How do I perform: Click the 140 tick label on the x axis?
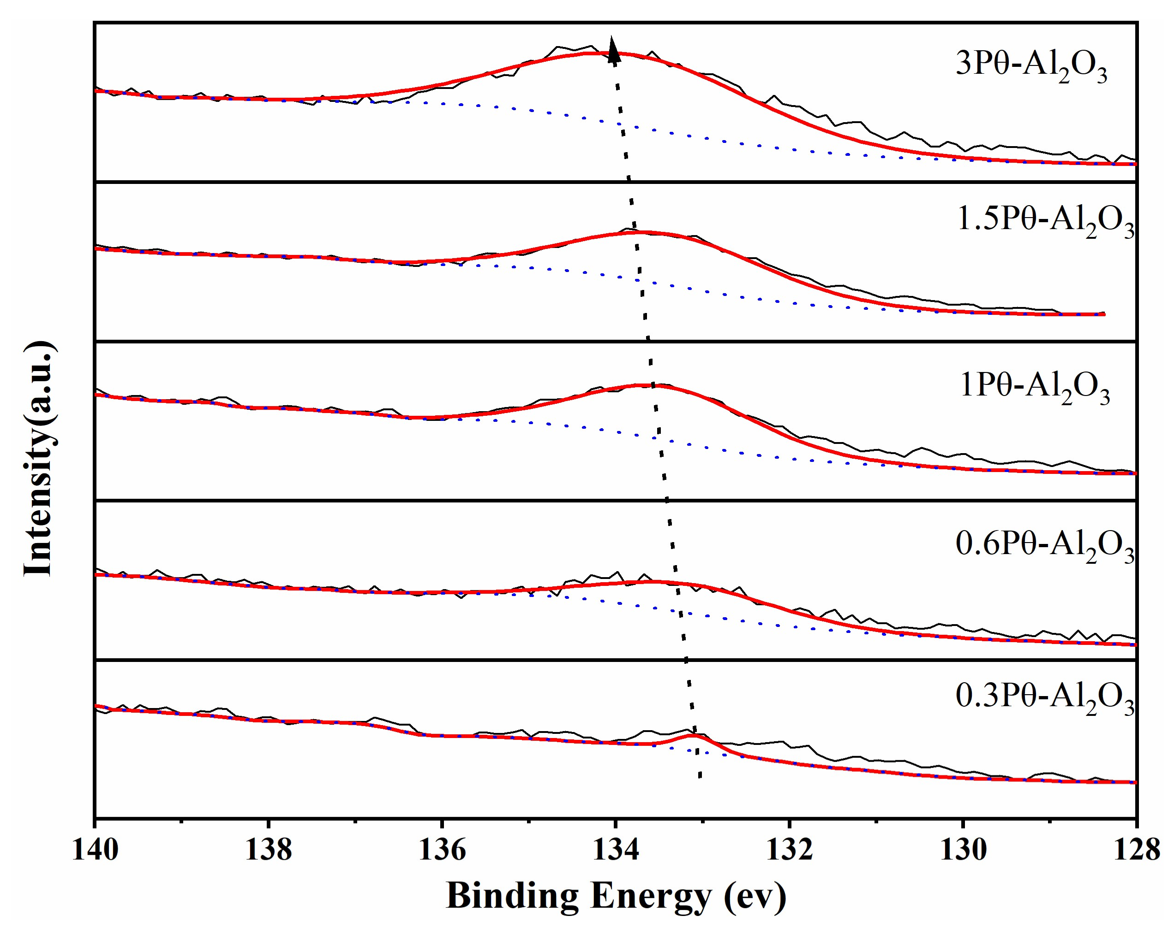pyautogui.click(x=95, y=850)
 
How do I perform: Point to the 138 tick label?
pyautogui.click(x=269, y=850)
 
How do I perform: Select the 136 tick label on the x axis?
pyautogui.click(x=442, y=850)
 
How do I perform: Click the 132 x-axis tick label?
pyautogui.click(x=790, y=850)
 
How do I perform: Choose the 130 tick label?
pyautogui.click(x=963, y=850)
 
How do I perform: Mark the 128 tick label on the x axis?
pyautogui.click(x=1136, y=850)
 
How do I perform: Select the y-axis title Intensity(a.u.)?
pyautogui.click(x=39, y=458)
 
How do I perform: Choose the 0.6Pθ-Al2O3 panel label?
pyautogui.click(x=1044, y=547)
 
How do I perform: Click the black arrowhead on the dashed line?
pyautogui.click(x=613, y=48)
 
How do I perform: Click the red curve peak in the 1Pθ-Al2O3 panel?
pyautogui.click(x=651, y=385)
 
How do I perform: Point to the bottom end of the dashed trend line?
pyautogui.click(x=700, y=777)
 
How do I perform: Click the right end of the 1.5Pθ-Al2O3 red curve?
pyautogui.click(x=1103, y=314)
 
